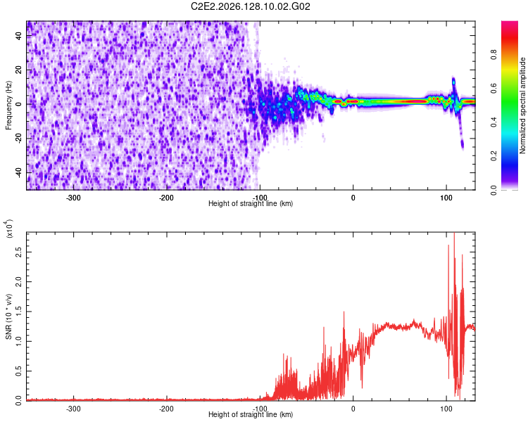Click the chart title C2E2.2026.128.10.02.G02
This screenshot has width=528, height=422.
(251, 6)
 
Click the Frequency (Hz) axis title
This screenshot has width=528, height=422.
(8, 105)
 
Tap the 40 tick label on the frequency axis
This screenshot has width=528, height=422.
(19, 36)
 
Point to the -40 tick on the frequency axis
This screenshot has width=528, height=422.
(19, 173)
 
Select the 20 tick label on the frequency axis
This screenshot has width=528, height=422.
(19, 70)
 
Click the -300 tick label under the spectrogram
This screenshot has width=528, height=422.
(73, 198)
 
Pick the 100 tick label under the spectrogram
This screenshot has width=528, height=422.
(446, 198)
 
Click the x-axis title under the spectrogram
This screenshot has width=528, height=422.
(251, 203)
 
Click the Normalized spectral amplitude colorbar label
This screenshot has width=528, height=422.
(522, 105)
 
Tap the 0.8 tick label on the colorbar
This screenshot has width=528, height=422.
(494, 55)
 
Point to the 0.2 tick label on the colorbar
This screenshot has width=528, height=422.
(494, 156)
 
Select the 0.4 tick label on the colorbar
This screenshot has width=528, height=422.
(494, 122)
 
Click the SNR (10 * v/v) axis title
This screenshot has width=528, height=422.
(8, 316)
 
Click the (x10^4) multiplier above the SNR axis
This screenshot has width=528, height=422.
(8, 229)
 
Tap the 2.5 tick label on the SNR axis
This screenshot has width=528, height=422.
(19, 252)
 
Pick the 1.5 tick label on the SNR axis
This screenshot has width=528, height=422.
(19, 312)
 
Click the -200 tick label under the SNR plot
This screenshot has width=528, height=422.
(166, 409)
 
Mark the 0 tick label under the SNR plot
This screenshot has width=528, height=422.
(353, 409)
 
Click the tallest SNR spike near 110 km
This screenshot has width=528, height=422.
(454, 234)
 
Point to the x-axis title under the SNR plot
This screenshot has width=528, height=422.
(251, 414)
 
